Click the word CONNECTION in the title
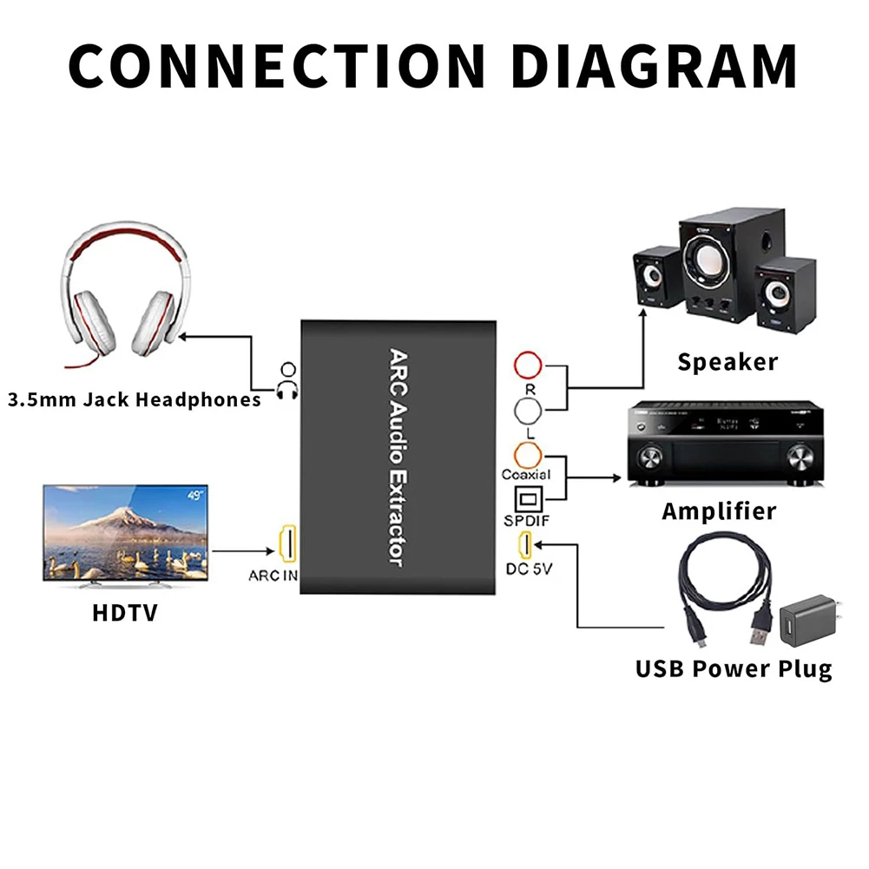(275, 63)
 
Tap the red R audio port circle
(529, 364)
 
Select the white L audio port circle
(529, 411)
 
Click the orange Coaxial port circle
(529, 454)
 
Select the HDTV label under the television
(125, 613)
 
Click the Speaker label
(727, 362)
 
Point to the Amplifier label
(719, 511)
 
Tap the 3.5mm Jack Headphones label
(134, 400)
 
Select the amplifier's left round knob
(650, 458)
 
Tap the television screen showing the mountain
(125, 532)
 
